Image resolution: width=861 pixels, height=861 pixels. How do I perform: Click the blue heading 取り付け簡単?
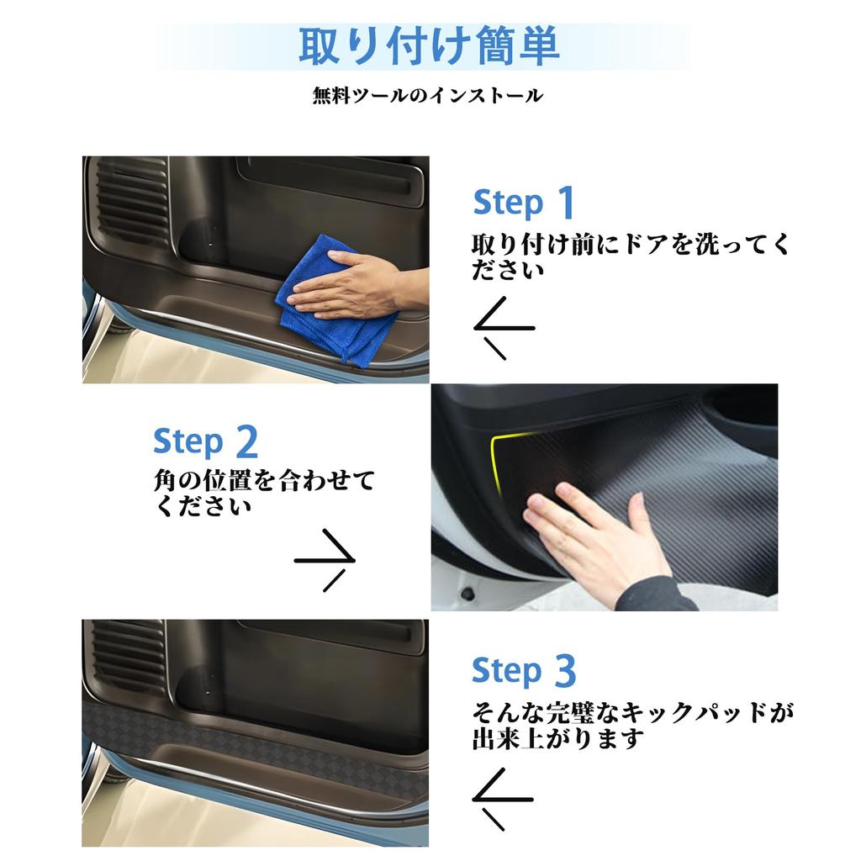click(429, 46)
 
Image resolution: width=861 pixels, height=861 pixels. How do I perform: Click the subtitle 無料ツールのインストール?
click(428, 96)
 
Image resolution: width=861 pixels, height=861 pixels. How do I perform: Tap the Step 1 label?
click(524, 203)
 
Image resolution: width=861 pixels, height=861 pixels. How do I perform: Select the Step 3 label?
click(524, 671)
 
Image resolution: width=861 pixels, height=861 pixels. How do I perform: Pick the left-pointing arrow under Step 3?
click(503, 799)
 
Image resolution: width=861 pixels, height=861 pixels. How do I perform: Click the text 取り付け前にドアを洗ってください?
click(631, 256)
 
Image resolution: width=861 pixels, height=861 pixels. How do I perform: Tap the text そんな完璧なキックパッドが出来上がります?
click(631, 726)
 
